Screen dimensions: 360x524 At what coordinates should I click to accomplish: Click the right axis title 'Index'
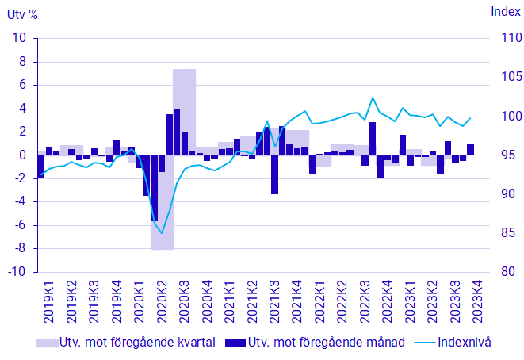tap(501, 11)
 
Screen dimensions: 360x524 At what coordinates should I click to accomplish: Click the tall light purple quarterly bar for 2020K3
tap(184, 111)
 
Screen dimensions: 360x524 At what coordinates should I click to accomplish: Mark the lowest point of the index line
tap(162, 233)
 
